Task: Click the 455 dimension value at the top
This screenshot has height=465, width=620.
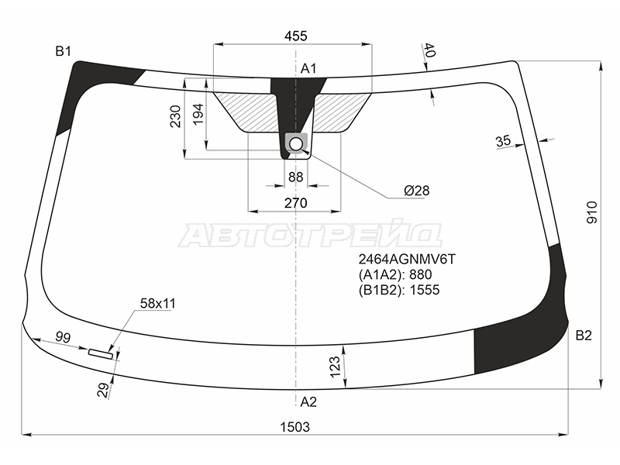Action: pyautogui.click(x=295, y=36)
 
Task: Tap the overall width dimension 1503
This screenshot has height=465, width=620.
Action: pyautogui.click(x=295, y=427)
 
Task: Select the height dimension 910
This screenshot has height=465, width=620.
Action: pyautogui.click(x=592, y=212)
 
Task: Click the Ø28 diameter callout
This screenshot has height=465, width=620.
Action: pyautogui.click(x=416, y=191)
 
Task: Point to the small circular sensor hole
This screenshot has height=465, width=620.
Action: pyautogui.click(x=296, y=144)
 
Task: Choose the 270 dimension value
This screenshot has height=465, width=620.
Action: pyautogui.click(x=295, y=203)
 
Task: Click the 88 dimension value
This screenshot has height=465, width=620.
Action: pyautogui.click(x=295, y=177)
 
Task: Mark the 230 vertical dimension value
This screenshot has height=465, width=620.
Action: pyautogui.click(x=175, y=116)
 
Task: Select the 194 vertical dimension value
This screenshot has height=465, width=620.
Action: pyautogui.click(x=198, y=114)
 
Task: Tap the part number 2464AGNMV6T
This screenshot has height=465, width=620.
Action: pyautogui.click(x=407, y=259)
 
